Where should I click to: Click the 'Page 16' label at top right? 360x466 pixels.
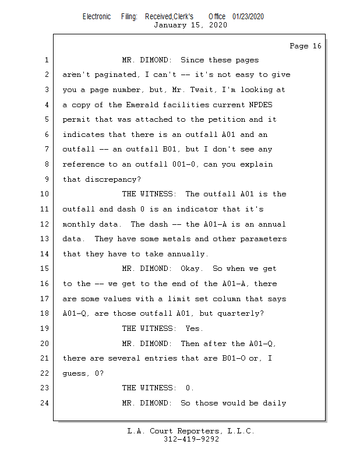[305, 46]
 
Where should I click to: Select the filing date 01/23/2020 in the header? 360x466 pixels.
[248, 17]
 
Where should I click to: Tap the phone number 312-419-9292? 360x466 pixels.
[191, 439]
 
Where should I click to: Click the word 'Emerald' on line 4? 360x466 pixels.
[142, 105]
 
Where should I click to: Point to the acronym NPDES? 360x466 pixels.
[260, 105]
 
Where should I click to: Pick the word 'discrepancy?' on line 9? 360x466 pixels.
[113, 179]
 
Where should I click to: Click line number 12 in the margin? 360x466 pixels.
[45, 224]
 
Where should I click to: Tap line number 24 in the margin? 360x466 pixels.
[45, 403]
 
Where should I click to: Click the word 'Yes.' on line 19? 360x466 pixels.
[194, 329]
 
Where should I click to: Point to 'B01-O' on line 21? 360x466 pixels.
[234, 358]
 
